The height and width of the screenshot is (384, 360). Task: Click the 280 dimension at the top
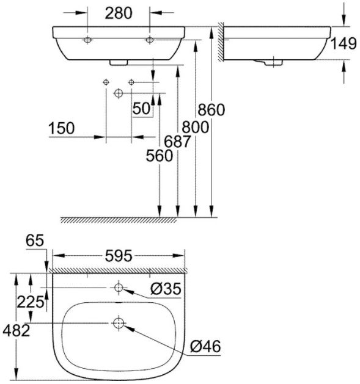pyautogui.click(x=119, y=13)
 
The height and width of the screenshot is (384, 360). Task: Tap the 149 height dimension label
pyautogui.click(x=343, y=44)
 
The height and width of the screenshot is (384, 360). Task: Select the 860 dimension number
pyautogui.click(x=211, y=109)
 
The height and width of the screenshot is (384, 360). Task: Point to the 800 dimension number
pyautogui.click(x=195, y=128)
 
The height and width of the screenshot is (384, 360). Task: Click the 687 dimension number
pyautogui.click(x=177, y=142)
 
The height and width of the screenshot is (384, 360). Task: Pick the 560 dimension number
pyautogui.click(x=160, y=156)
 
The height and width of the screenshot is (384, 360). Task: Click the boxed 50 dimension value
pyautogui.click(x=141, y=109)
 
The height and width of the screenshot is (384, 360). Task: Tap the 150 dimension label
pyautogui.click(x=61, y=128)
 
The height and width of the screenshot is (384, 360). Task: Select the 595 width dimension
pyautogui.click(x=119, y=256)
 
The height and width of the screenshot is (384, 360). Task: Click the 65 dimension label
pyautogui.click(x=35, y=241)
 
